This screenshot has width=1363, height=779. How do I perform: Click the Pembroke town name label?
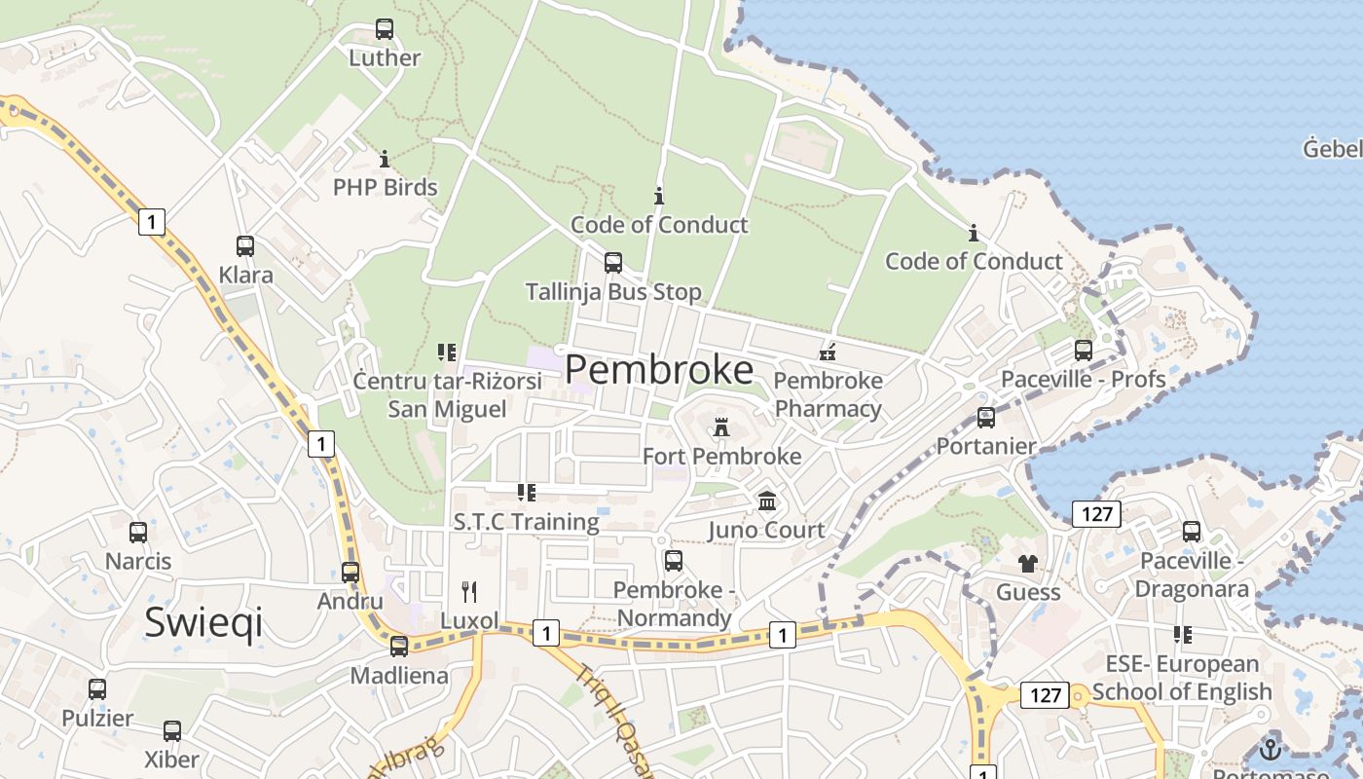[x=659, y=370]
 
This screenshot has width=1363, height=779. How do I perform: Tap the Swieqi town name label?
[x=203, y=622]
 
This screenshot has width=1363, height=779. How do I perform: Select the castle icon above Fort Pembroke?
[x=721, y=427]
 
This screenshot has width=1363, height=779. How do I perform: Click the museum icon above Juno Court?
[x=767, y=501]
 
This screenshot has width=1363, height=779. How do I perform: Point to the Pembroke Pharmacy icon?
[x=829, y=352]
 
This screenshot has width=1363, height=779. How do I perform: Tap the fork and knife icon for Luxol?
[x=469, y=591]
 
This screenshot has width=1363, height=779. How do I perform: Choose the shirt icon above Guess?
[x=1028, y=563]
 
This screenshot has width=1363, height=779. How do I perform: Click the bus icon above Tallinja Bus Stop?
[x=613, y=262]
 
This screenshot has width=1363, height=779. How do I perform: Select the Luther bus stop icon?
[x=385, y=29]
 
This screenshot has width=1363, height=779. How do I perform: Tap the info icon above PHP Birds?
[x=385, y=159]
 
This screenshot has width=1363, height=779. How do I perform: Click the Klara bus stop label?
[x=245, y=275]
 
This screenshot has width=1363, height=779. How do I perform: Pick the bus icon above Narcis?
[x=138, y=533]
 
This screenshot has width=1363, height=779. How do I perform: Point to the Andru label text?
[x=350, y=601]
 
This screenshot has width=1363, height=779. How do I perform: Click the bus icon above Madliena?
[x=399, y=647]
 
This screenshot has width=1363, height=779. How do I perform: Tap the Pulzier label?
[x=97, y=719]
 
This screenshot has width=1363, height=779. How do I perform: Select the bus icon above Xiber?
[x=172, y=731]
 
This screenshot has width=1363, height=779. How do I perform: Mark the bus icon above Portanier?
[x=986, y=418]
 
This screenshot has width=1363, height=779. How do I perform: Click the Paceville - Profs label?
[x=1084, y=379]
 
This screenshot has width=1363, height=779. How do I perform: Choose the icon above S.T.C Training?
[x=527, y=493]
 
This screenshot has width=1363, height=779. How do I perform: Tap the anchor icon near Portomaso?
[x=1270, y=749]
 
